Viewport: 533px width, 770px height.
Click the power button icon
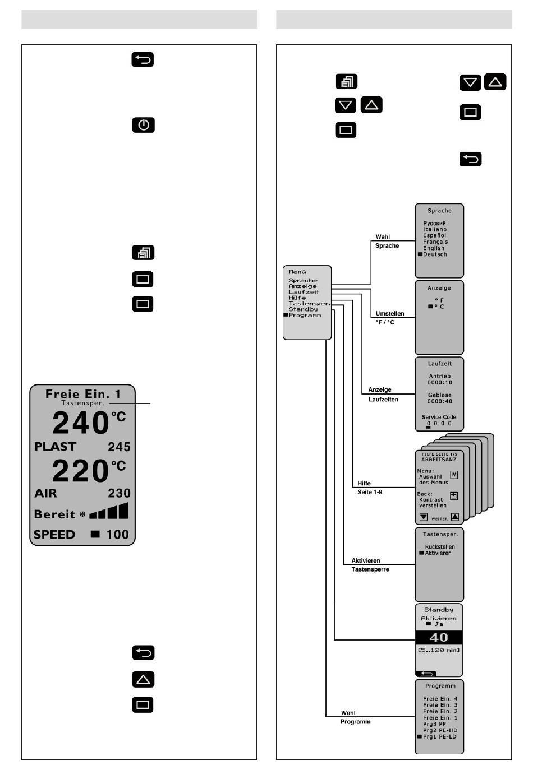[144, 125]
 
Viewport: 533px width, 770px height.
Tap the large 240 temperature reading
[81, 423]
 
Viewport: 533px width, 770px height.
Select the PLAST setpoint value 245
[119, 447]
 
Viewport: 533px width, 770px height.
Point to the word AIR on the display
[45, 493]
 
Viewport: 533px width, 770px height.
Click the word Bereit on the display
[54, 514]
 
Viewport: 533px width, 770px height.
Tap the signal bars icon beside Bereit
[109, 512]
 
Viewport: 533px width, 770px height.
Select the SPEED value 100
[117, 534]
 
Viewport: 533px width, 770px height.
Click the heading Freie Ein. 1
[82, 393]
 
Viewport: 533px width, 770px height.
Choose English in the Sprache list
[434, 248]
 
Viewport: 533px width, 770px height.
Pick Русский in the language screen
[434, 223]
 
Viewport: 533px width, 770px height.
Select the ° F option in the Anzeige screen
[439, 300]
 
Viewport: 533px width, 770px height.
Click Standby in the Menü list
[303, 309]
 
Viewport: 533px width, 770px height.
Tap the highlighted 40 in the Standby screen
[439, 637]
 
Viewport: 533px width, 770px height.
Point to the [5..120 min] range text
[439, 650]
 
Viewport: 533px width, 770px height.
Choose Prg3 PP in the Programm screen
[434, 724]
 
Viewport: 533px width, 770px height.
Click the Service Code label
[439, 417]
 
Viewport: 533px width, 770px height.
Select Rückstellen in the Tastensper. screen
[440, 546]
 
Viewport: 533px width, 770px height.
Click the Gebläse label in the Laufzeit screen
[439, 395]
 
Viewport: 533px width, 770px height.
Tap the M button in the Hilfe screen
[454, 475]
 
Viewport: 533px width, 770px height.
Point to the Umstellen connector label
[390, 314]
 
